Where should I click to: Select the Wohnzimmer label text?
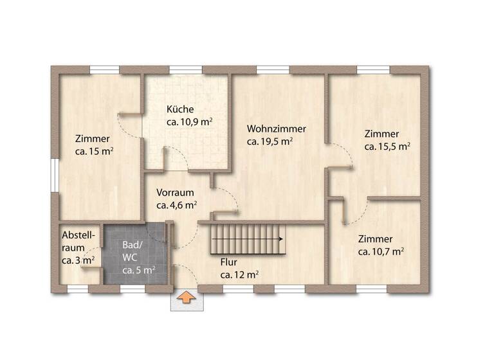click(277, 129)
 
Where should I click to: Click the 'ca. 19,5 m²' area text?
click(270, 141)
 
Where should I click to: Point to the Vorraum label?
click(176, 192)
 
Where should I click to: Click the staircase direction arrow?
click(248, 239)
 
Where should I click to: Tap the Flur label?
click(230, 262)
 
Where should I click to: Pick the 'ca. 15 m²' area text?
click(95, 152)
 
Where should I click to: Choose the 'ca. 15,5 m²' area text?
click(387, 147)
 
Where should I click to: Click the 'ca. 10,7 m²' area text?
click(381, 251)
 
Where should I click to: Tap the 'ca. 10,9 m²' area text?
click(190, 122)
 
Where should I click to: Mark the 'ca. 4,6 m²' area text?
click(176, 205)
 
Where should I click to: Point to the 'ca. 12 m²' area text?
click(239, 274)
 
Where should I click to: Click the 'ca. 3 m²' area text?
click(78, 260)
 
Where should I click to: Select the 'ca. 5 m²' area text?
click(139, 270)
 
